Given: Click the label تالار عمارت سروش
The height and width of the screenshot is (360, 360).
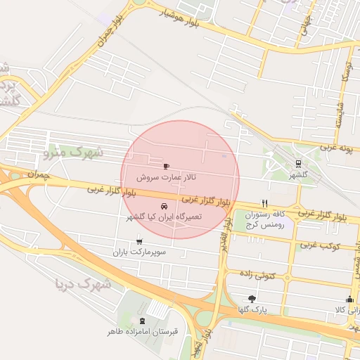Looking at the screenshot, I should [166, 178].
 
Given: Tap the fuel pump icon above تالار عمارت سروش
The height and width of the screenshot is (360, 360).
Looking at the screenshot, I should [166, 167].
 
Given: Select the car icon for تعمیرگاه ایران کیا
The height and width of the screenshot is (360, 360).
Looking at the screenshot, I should [164, 207].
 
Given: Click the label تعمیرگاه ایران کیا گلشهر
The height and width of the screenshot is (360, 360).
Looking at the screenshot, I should [164, 217].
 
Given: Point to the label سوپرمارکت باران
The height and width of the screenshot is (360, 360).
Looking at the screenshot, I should [142, 251].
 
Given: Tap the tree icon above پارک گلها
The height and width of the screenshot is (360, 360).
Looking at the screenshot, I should [252, 299].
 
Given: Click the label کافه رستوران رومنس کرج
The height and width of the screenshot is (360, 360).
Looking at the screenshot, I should [281, 220].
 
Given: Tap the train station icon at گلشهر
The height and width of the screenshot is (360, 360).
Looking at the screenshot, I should [299, 163].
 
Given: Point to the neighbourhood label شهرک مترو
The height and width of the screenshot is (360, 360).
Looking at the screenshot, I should [72, 152].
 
